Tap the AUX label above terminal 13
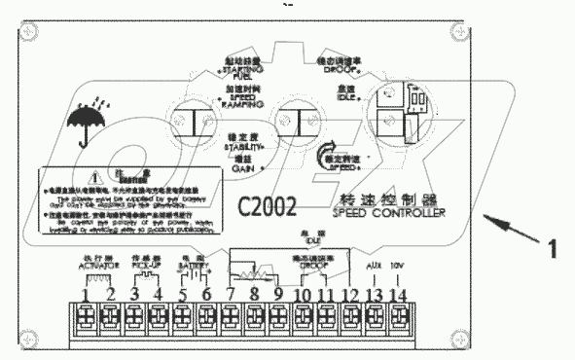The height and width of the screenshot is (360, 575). point(373,265)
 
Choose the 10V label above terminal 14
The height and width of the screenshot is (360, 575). point(397,265)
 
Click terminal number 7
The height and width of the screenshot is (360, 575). point(232,295)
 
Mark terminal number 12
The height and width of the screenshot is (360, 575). point(348,295)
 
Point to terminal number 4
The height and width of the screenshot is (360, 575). point(159,295)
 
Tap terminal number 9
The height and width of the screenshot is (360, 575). point(278,295)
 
